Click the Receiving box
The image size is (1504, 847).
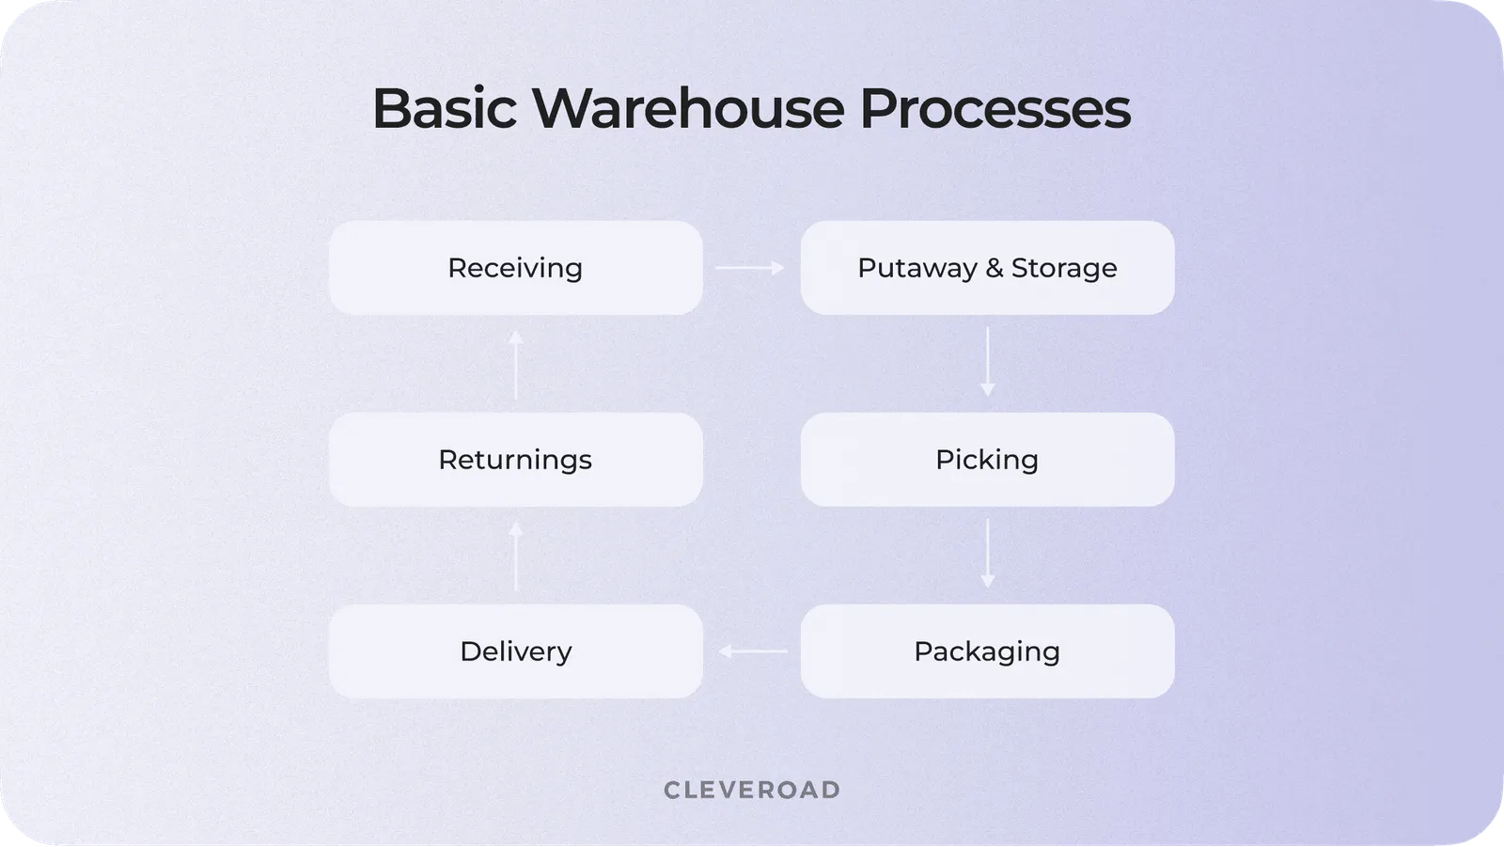click(515, 268)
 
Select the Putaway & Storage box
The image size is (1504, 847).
click(987, 268)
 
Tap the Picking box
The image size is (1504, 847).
click(987, 460)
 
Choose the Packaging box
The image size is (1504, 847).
click(987, 651)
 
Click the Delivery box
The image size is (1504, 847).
click(515, 651)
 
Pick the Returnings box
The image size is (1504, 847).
click(515, 460)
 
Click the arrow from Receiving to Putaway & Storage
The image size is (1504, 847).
click(750, 268)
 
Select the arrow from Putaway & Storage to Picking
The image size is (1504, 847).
click(987, 362)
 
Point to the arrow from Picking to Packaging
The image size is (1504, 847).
click(987, 554)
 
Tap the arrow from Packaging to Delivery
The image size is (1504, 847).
click(753, 651)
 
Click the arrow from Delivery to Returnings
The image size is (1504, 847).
click(515, 557)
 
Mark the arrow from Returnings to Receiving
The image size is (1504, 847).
click(515, 365)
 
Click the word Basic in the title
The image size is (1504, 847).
click(444, 108)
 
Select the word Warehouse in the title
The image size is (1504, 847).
click(688, 108)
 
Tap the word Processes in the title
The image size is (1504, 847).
click(995, 108)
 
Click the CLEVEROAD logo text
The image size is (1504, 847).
click(752, 790)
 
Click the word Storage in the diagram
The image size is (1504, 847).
click(1064, 269)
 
